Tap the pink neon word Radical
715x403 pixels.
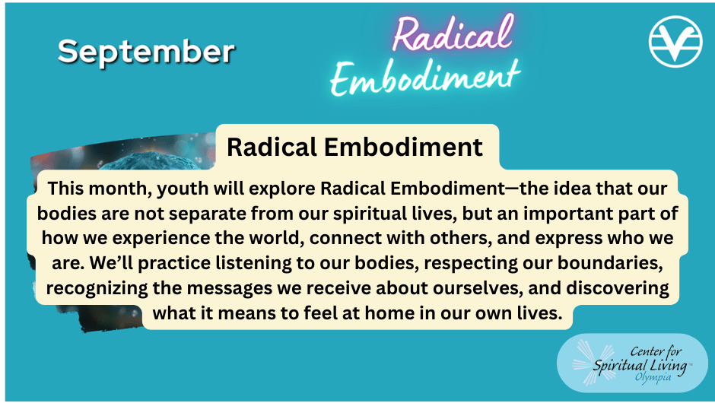[x=453, y=33]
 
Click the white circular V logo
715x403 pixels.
[x=675, y=42]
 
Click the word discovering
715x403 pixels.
[x=618, y=288]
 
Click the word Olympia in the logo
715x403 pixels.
[x=653, y=377]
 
